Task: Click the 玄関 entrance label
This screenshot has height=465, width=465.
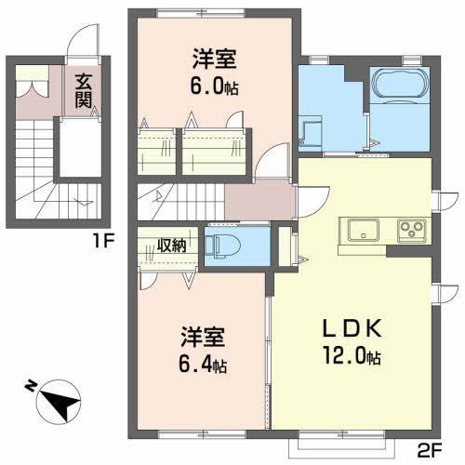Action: point(84,89)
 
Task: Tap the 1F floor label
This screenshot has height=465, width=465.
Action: point(104,244)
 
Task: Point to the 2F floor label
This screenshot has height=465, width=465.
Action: point(429,450)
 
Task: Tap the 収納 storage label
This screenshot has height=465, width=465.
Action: point(171,246)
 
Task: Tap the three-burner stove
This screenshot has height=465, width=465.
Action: point(410,229)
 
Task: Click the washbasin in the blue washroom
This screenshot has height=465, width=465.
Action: point(311,126)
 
